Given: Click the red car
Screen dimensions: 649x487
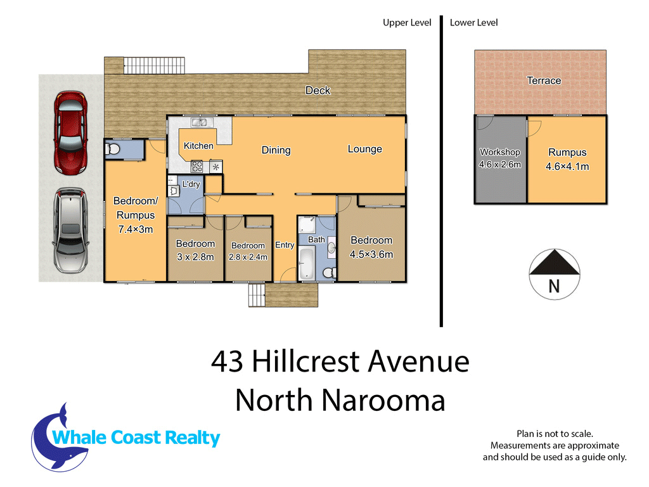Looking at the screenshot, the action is pyautogui.click(x=71, y=133).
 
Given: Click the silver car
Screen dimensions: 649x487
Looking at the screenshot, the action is pyautogui.click(x=70, y=231).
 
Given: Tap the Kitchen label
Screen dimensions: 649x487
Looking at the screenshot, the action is pyautogui.click(x=198, y=146).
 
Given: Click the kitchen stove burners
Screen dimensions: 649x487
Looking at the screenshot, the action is pyautogui.click(x=197, y=167).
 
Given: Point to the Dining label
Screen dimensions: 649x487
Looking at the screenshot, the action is pyautogui.click(x=276, y=150).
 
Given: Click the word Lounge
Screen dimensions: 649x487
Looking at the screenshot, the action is pyautogui.click(x=364, y=149).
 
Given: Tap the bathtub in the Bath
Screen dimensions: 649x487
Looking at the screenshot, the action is pyautogui.click(x=307, y=263).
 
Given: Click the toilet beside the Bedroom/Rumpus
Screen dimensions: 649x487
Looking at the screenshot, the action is pyautogui.click(x=112, y=148).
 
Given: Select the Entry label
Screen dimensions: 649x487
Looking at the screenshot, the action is pyautogui.click(x=285, y=245).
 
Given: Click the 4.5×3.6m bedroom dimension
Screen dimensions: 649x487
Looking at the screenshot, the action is pyautogui.click(x=371, y=254).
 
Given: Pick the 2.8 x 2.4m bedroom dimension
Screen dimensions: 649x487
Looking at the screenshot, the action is pyautogui.click(x=248, y=257).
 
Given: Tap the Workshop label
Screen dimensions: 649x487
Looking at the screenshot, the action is pyautogui.click(x=500, y=152).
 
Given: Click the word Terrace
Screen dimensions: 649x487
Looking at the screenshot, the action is pyautogui.click(x=544, y=81).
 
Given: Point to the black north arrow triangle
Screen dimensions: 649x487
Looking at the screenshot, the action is pyautogui.click(x=555, y=262).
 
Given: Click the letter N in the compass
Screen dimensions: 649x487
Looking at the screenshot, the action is pyautogui.click(x=554, y=287).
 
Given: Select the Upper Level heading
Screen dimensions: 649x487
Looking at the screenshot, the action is pyautogui.click(x=407, y=23).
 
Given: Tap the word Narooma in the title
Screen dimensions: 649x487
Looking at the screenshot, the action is pyautogui.click(x=383, y=401).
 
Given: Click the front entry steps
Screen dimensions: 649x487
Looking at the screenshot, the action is pyautogui.click(x=257, y=295).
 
